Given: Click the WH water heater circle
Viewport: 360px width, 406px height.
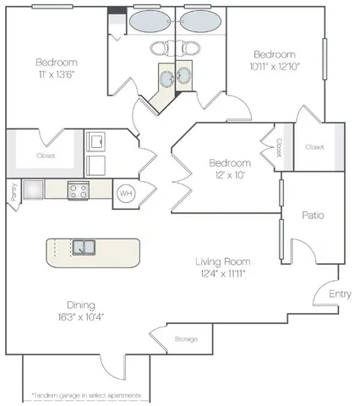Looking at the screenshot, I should [125, 193].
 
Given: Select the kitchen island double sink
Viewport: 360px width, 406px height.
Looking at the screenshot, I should [83, 248].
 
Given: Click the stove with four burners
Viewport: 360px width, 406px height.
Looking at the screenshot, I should [79, 191].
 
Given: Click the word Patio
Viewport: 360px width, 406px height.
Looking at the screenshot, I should [314, 215].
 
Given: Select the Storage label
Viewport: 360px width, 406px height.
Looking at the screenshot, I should [187, 339].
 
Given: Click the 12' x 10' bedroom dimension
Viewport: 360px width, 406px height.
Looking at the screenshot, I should [231, 175].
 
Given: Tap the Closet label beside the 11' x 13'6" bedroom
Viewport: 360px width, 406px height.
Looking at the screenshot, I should [46, 156].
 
